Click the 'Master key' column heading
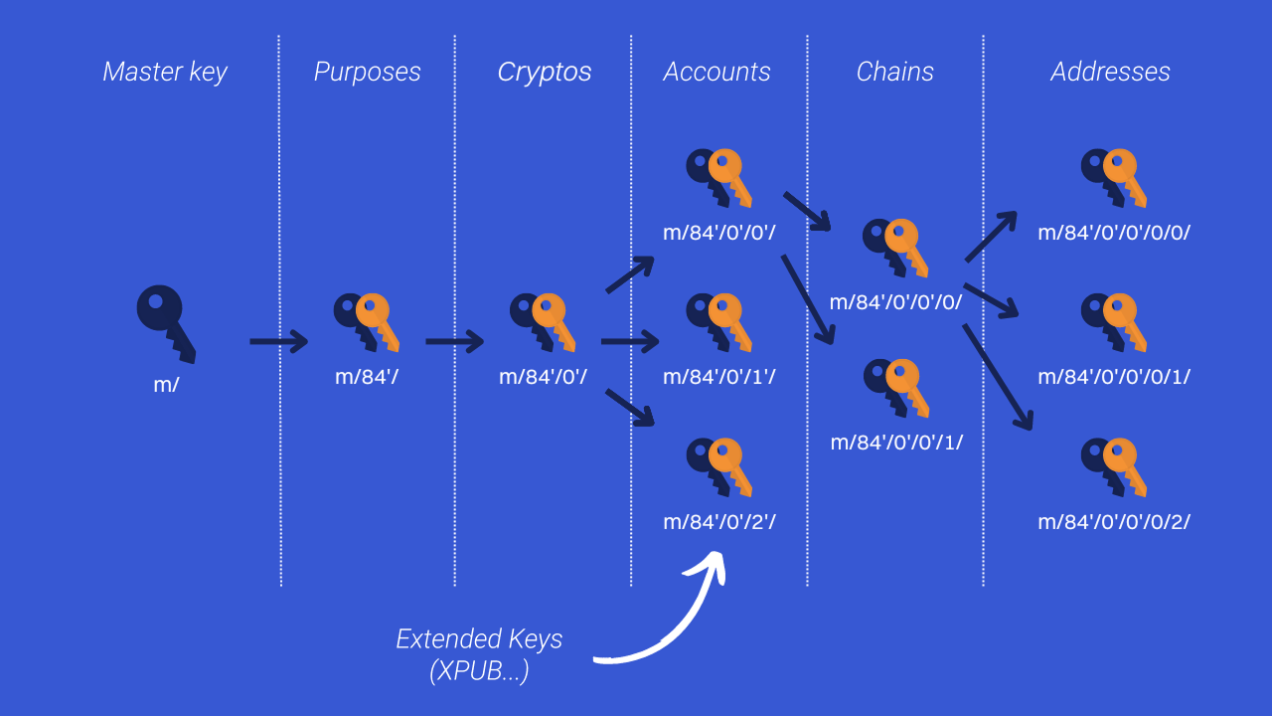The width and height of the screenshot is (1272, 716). pyautogui.click(x=165, y=73)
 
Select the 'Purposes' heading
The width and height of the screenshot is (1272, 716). pyautogui.click(x=367, y=73)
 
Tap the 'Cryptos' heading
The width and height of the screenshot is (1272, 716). pyautogui.click(x=544, y=73)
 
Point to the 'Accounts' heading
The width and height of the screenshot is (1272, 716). pyautogui.click(x=716, y=73)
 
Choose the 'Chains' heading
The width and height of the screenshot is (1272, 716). pyautogui.click(x=894, y=73)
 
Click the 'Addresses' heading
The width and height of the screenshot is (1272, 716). pyautogui.click(x=1110, y=73)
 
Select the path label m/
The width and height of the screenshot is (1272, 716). pyautogui.click(x=166, y=384)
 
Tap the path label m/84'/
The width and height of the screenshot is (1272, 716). pyautogui.click(x=367, y=377)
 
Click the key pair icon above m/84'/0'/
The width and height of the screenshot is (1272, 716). pyautogui.click(x=543, y=321)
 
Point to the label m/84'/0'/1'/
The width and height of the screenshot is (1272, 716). pyautogui.click(x=718, y=377)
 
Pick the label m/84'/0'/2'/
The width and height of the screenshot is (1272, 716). pyautogui.click(x=718, y=521)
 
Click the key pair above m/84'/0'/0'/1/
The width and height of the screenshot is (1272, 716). pyautogui.click(x=895, y=387)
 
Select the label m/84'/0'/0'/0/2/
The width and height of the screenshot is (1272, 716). pyautogui.click(x=1114, y=521)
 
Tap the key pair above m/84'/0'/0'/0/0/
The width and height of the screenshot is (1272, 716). pyautogui.click(x=1114, y=177)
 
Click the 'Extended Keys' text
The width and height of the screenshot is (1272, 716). pyautogui.click(x=479, y=638)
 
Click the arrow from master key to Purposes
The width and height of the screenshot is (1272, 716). pyautogui.click(x=278, y=342)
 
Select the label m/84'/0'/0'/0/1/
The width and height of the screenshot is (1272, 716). pyautogui.click(x=1114, y=377)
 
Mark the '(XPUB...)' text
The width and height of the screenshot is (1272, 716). pyautogui.click(x=479, y=671)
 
